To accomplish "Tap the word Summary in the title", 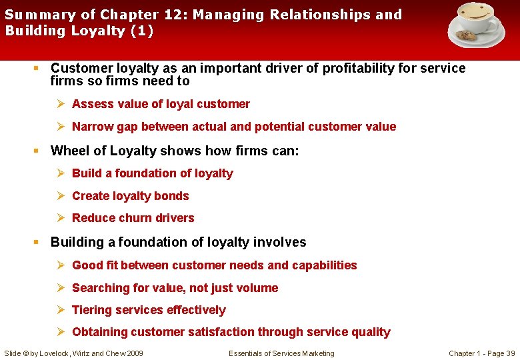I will (31, 14).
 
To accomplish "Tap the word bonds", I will (172, 196).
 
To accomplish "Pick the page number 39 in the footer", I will (510, 353).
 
